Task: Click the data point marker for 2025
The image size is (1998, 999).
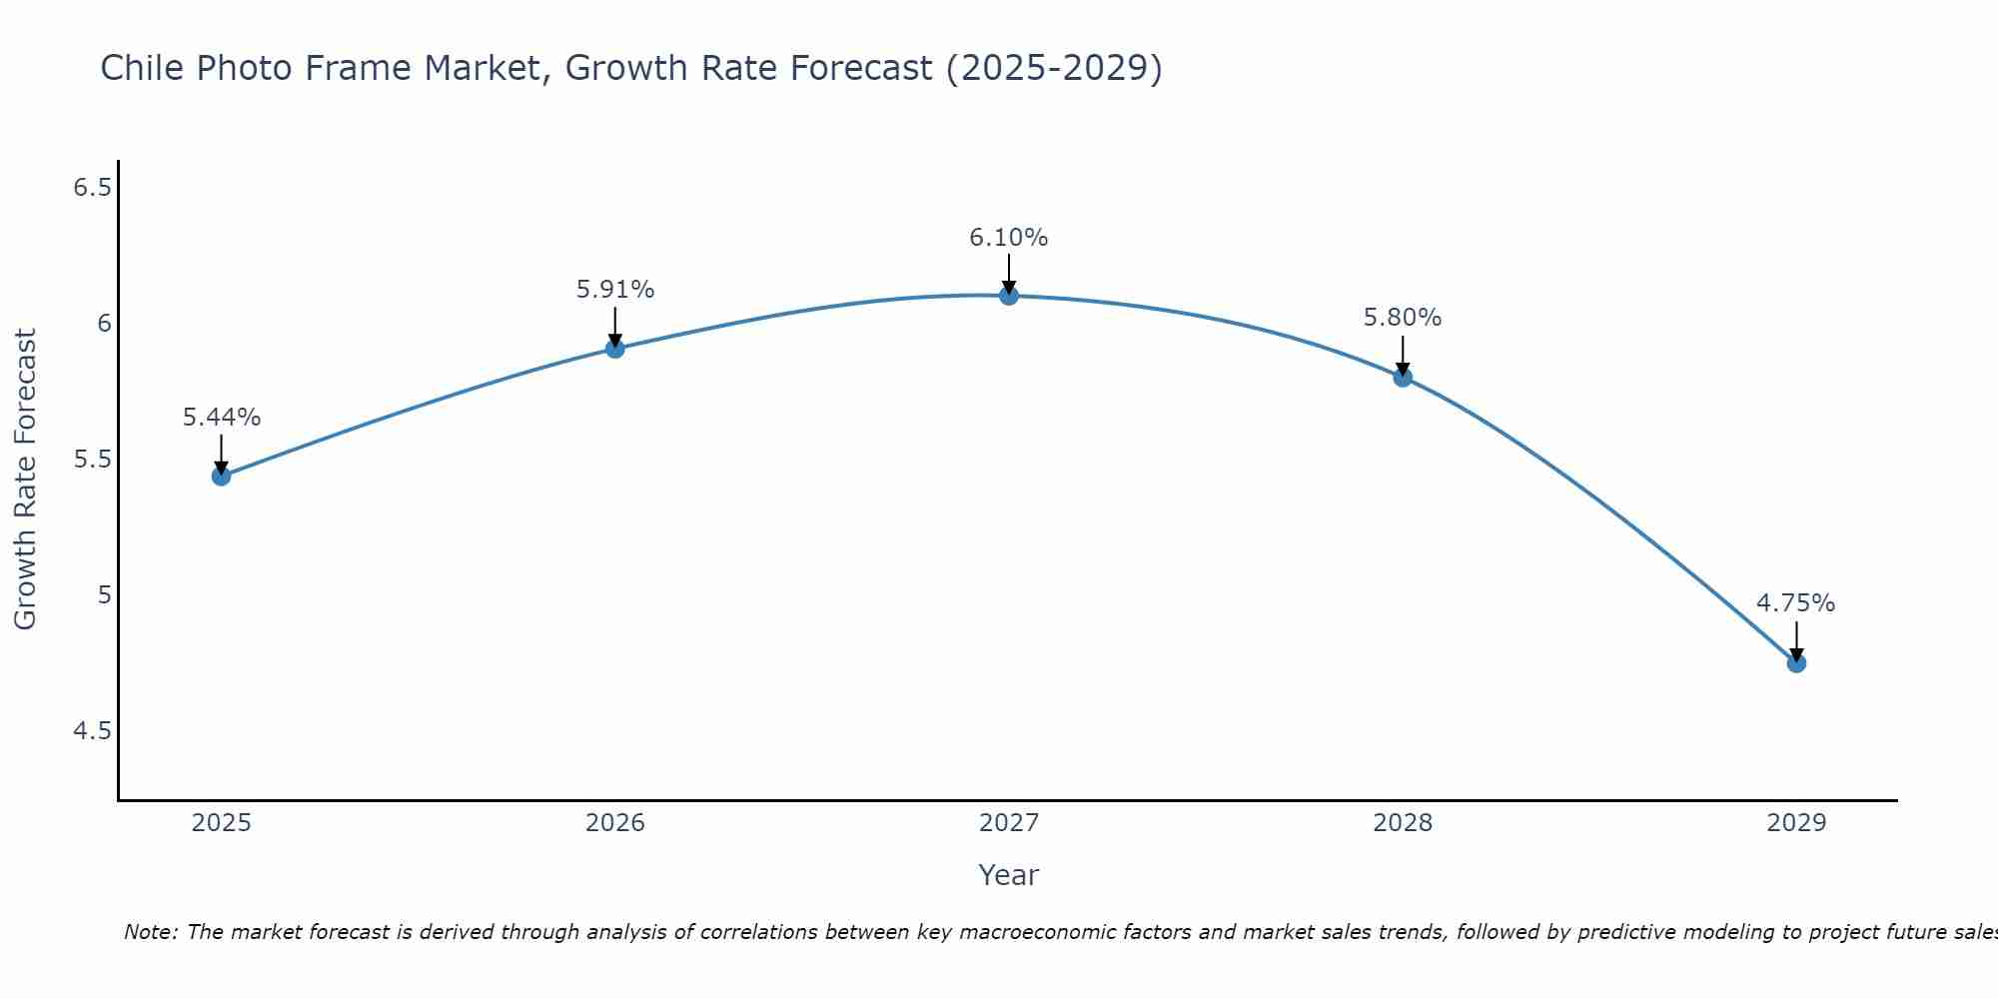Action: click(222, 476)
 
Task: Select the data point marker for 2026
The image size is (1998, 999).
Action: click(615, 348)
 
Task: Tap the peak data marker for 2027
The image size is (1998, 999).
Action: click(1009, 296)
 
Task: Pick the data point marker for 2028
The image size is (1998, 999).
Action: click(1403, 377)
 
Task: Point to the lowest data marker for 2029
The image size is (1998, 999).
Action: click(1796, 662)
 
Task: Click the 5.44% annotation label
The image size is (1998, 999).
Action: click(222, 418)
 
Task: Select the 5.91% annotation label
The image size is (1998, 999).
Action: click(615, 290)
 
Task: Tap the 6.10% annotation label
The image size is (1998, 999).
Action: click(1009, 238)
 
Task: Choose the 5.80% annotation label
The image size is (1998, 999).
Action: click(1403, 318)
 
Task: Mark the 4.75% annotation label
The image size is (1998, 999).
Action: click(1796, 603)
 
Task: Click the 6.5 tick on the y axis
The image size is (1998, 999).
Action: click(92, 188)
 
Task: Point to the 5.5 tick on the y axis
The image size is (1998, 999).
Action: click(92, 460)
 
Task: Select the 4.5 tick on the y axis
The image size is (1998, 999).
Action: click(92, 731)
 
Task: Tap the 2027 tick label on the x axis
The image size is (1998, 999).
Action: click(1009, 823)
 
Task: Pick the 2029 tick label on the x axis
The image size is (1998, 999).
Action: click(1796, 823)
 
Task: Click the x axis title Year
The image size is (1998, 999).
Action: click(1009, 875)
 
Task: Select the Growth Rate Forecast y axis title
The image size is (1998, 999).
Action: click(26, 480)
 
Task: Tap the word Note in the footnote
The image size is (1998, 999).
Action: click(150, 932)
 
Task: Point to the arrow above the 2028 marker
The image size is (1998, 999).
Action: click(1403, 355)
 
